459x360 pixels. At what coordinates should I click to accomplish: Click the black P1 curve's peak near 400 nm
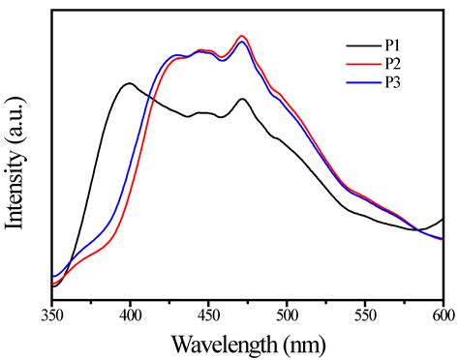pos(129,83)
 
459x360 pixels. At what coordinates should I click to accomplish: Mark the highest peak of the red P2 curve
pos(243,36)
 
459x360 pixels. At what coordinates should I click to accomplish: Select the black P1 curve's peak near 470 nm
pos(243,99)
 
